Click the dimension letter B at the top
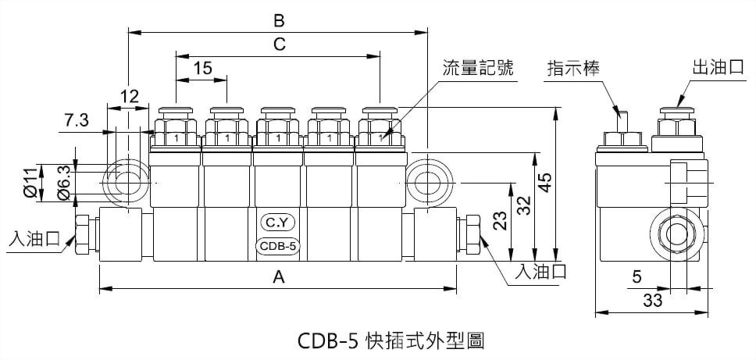click(279, 18)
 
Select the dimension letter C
click(279, 45)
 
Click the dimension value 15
click(202, 69)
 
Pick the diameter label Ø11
click(30, 182)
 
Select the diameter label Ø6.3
click(65, 182)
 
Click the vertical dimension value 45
click(546, 183)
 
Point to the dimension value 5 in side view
click(637, 276)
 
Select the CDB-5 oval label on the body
click(278, 247)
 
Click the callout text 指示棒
click(572, 68)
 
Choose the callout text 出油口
click(717, 68)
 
